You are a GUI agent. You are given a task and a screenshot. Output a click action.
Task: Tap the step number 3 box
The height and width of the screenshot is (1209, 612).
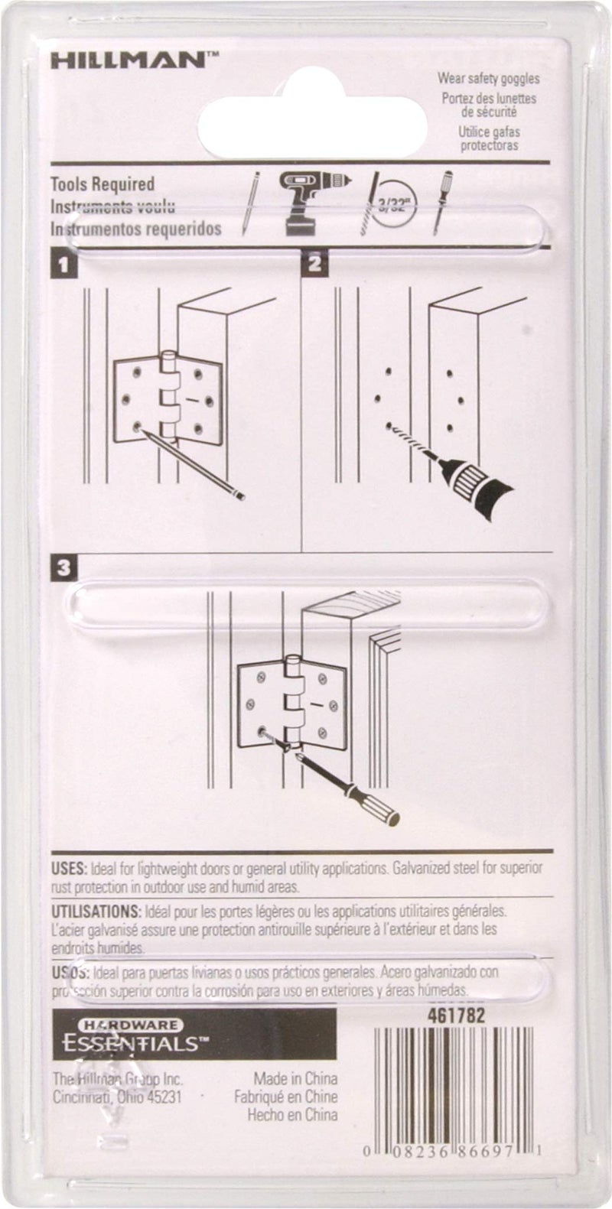pyautogui.click(x=63, y=568)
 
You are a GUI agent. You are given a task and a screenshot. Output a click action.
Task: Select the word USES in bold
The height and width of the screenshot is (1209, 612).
pyautogui.click(x=69, y=869)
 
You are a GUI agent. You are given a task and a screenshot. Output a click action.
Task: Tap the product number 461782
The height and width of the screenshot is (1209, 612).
pyautogui.click(x=455, y=1017)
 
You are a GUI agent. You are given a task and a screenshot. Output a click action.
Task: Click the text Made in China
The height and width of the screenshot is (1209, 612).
pyautogui.click(x=295, y=1079)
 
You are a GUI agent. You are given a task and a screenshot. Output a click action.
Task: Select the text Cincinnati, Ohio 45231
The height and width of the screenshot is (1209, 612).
pyautogui.click(x=117, y=1097)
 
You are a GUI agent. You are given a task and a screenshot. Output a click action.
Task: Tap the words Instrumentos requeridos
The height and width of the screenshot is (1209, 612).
pyautogui.click(x=136, y=228)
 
